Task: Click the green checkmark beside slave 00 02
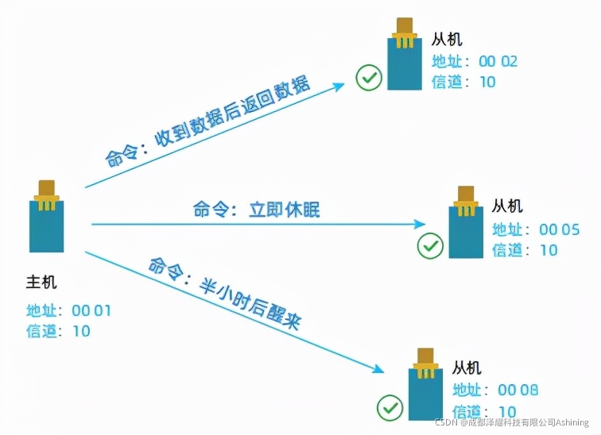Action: pyautogui.click(x=369, y=78)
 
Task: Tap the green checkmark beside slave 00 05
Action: pyautogui.click(x=430, y=246)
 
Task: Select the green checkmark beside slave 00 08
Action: pyautogui.click(x=390, y=408)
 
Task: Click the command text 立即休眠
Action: pyautogui.click(x=256, y=210)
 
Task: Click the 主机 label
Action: pyautogui.click(x=41, y=282)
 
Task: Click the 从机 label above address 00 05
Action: pyautogui.click(x=507, y=206)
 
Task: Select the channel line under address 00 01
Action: pyautogui.click(x=59, y=331)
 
